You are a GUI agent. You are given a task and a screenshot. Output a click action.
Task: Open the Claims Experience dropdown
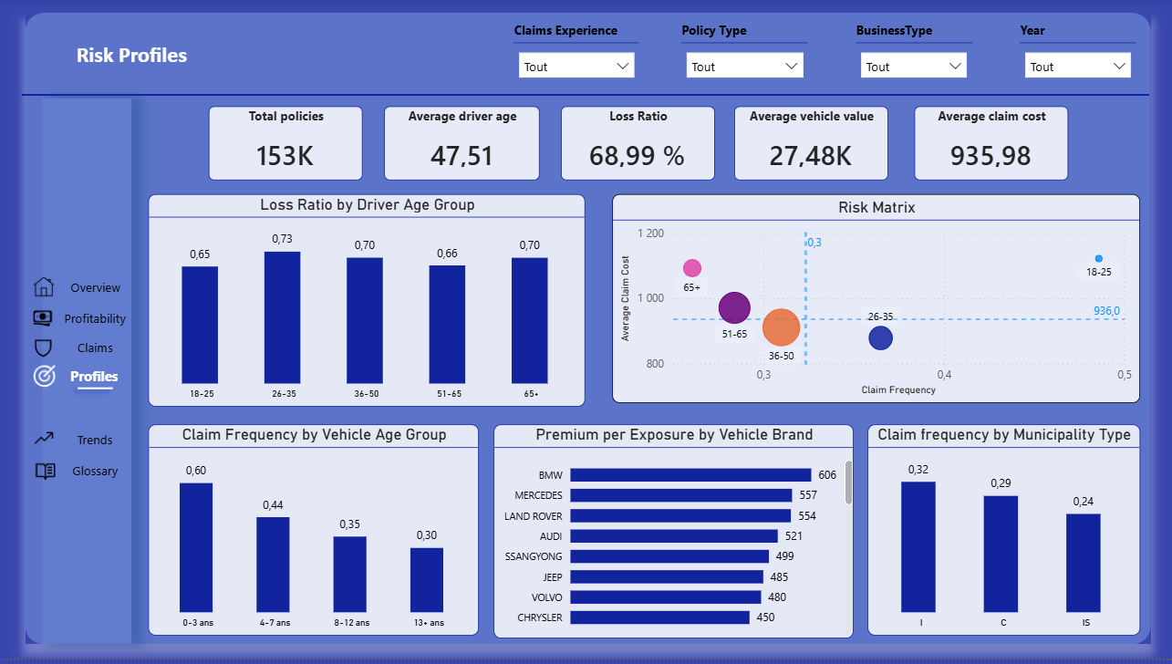tap(576, 66)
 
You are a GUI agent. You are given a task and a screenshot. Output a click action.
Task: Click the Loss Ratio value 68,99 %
tap(637, 156)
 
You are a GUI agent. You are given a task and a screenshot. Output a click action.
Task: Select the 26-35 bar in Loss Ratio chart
tap(282, 316)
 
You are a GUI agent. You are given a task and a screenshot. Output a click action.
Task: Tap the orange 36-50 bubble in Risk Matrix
tap(781, 328)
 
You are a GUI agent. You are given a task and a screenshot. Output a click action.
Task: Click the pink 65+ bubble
tap(692, 268)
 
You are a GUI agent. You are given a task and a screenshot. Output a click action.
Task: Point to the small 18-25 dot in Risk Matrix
tap(1098, 259)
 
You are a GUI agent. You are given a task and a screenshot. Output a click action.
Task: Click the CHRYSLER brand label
tap(540, 617)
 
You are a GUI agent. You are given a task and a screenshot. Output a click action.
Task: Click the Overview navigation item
tap(95, 288)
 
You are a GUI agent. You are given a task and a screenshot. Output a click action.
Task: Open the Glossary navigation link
tap(95, 472)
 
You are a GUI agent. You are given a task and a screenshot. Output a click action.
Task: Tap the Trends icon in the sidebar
tap(44, 439)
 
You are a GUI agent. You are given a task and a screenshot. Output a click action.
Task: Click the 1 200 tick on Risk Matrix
tap(650, 233)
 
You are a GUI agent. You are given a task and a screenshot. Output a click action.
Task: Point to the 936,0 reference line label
tap(1106, 311)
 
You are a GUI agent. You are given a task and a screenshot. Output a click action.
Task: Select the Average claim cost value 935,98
tap(990, 156)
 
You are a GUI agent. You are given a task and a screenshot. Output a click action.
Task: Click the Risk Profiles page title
tap(131, 56)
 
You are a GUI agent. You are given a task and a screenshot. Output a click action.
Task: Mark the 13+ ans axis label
tap(426, 623)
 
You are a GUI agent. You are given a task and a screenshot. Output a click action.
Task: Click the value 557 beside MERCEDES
tap(808, 495)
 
